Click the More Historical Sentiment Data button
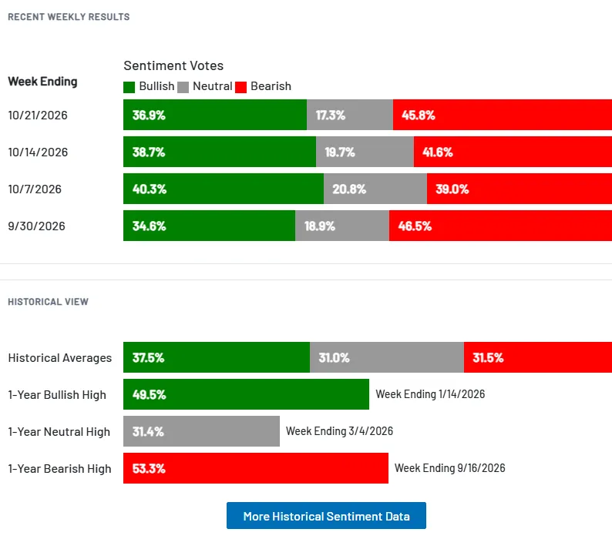(x=326, y=516)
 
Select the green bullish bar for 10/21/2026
(x=215, y=115)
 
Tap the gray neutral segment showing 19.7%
(x=365, y=152)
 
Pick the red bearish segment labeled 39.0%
(x=520, y=189)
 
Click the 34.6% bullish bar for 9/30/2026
(x=209, y=226)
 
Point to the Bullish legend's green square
(x=129, y=87)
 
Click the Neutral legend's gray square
(x=183, y=87)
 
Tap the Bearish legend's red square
(x=240, y=87)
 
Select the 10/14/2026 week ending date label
(x=38, y=152)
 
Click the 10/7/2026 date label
(x=35, y=189)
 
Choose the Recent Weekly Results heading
(x=69, y=17)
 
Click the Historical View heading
(x=48, y=302)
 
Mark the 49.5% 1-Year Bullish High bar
(x=247, y=394)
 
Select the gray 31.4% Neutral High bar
(x=201, y=431)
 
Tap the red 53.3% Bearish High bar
(x=256, y=468)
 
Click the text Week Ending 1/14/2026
(x=430, y=394)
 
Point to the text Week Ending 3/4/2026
(x=339, y=431)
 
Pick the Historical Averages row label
(x=59, y=357)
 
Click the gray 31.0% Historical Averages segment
(x=387, y=357)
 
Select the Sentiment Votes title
(x=173, y=65)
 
